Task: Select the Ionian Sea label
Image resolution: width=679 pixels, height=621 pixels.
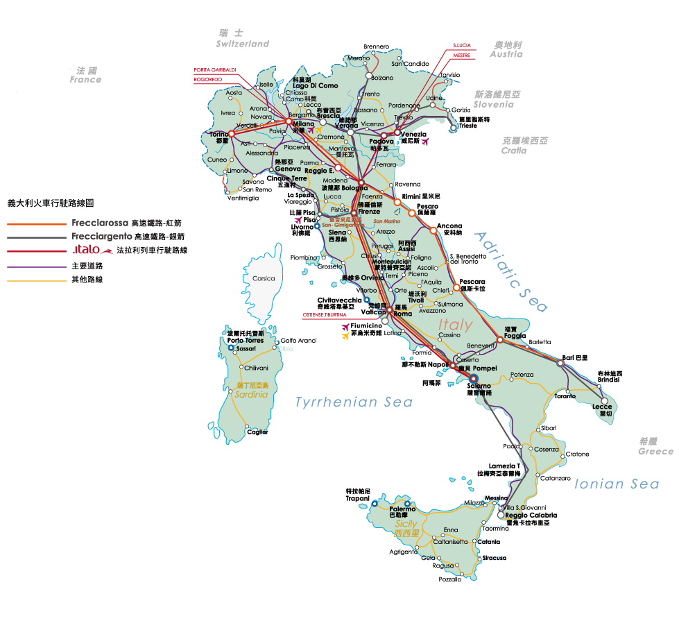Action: click(617, 484)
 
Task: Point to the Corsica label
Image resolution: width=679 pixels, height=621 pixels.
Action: click(264, 279)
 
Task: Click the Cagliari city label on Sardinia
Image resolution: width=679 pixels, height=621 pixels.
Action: click(257, 432)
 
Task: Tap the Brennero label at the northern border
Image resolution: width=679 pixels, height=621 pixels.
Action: click(377, 46)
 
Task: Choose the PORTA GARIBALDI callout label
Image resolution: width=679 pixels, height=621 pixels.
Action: click(215, 69)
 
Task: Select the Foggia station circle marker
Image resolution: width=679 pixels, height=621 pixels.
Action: click(499, 340)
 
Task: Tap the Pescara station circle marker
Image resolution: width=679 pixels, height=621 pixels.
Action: click(456, 287)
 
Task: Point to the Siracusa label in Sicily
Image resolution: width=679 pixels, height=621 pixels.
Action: click(495, 558)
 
